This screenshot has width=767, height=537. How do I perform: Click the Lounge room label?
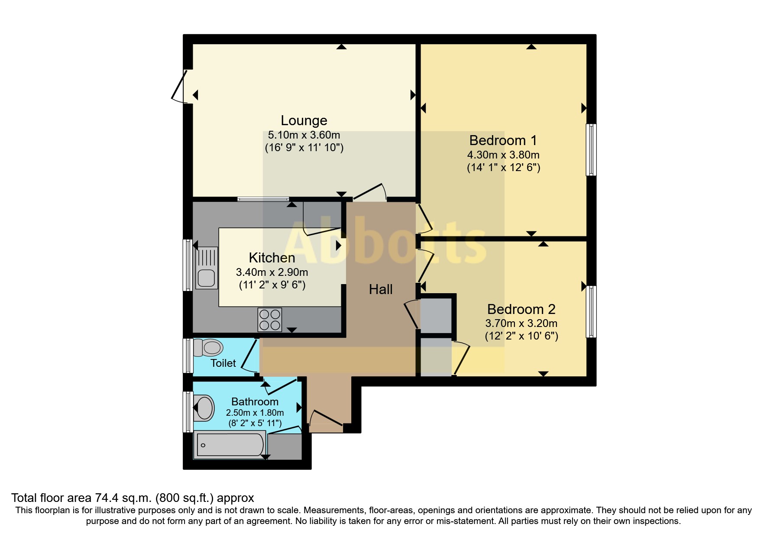(304, 120)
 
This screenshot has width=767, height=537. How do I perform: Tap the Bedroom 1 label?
(503, 140)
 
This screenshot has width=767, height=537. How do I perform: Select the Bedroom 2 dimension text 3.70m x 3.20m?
(521, 323)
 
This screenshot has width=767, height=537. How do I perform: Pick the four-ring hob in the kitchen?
(270, 320)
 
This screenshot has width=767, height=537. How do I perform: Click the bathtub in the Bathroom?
(230, 445)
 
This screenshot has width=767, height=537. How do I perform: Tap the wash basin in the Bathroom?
(204, 408)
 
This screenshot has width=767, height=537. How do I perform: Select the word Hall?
(381, 289)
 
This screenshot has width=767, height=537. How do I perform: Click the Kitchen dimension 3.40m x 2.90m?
(272, 272)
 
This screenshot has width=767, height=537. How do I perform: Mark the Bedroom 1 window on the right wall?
(591, 150)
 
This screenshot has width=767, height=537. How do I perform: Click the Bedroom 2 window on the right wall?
(591, 311)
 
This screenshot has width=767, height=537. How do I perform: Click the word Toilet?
(223, 363)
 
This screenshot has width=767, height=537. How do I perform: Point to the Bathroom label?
(255, 401)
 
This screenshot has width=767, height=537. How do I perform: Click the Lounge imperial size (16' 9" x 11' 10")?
(304, 148)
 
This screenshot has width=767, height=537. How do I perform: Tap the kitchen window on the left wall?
(188, 265)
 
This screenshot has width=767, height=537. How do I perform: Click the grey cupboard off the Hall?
(436, 315)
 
